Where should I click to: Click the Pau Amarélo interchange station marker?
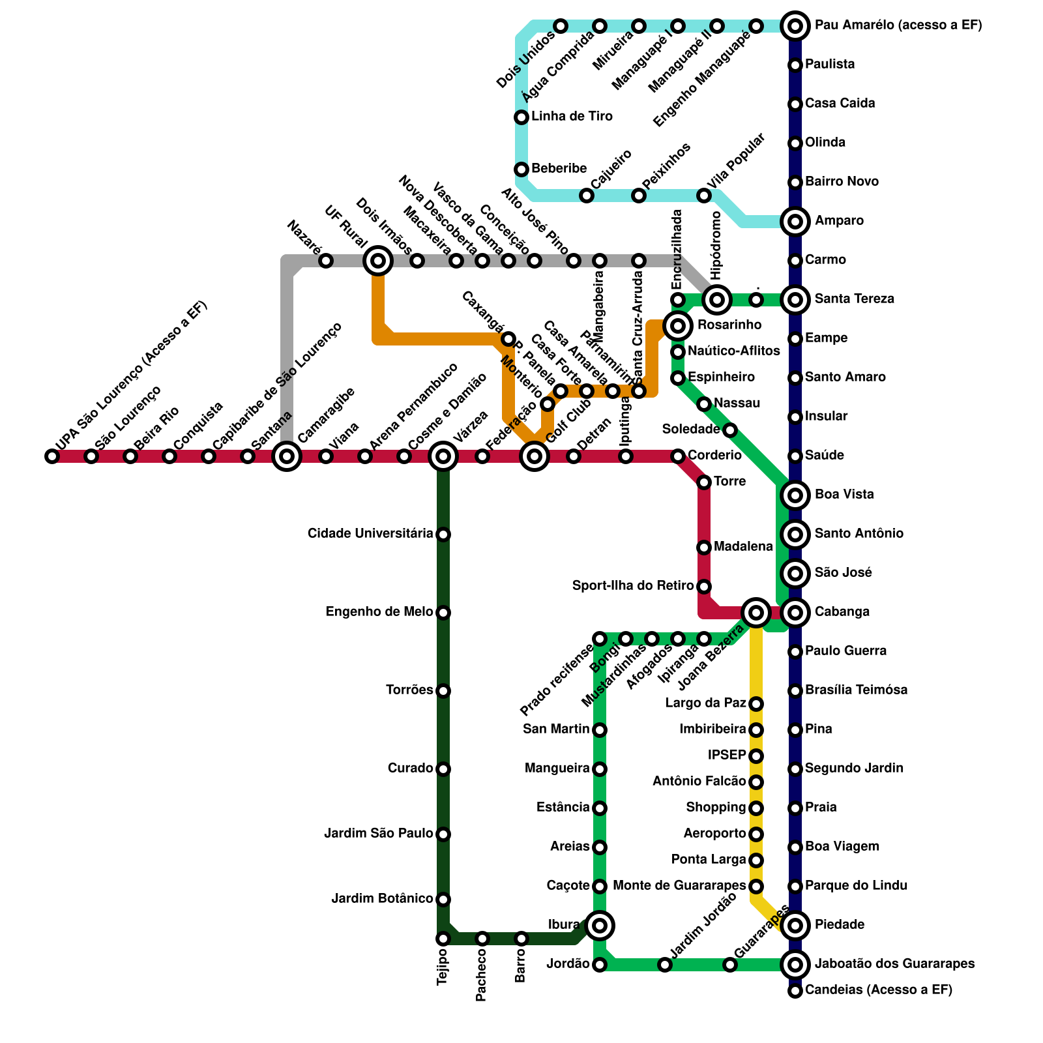click(x=795, y=26)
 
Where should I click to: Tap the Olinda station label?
click(x=825, y=143)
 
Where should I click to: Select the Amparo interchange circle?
click(x=795, y=222)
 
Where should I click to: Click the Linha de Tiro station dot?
click(x=521, y=117)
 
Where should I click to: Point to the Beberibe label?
click(x=559, y=169)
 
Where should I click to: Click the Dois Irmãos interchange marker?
click(x=378, y=261)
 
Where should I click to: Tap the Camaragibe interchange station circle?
click(x=287, y=456)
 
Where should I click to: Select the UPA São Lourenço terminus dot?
click(x=52, y=456)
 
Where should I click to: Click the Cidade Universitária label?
click(x=370, y=534)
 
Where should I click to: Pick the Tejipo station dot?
click(x=443, y=939)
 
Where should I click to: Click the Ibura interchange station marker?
click(x=600, y=925)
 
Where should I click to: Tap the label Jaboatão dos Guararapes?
click(x=894, y=963)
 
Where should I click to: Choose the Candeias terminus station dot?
click(x=795, y=991)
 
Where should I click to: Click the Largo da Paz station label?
click(x=705, y=703)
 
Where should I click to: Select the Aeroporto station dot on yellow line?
click(x=756, y=834)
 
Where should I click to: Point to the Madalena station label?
click(x=743, y=547)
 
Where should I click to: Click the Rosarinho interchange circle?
click(x=678, y=325)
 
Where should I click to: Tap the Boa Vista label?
click(x=844, y=495)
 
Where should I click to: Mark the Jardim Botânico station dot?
click(x=443, y=900)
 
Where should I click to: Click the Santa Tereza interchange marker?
click(x=795, y=300)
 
